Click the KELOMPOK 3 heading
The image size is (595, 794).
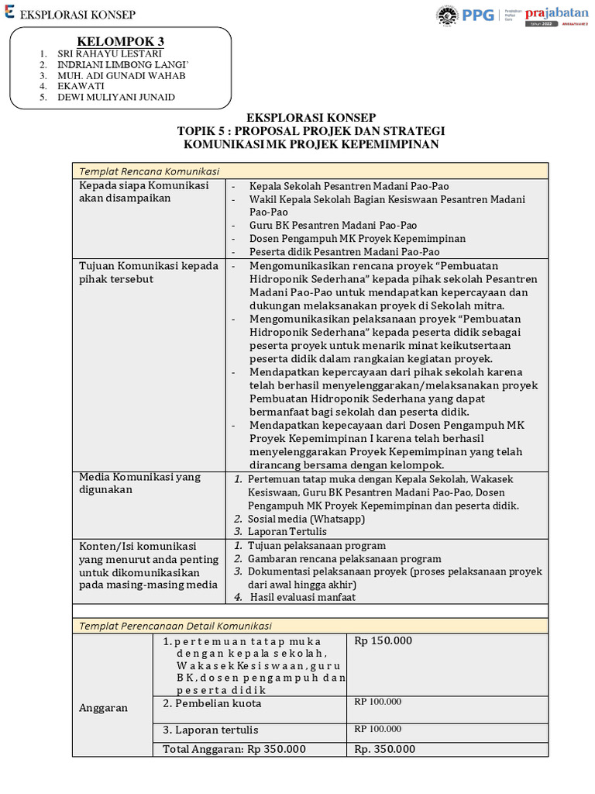click(120, 41)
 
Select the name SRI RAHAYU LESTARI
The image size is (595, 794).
click(110, 54)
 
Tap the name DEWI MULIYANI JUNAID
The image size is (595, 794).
click(116, 97)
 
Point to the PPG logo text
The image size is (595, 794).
click(478, 14)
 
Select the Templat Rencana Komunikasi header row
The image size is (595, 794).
click(310, 171)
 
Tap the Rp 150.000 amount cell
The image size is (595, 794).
click(383, 640)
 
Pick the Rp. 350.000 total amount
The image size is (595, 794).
click(385, 749)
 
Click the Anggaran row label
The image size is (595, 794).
click(103, 708)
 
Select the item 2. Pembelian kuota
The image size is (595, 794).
click(212, 703)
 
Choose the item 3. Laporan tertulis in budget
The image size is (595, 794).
click(210, 730)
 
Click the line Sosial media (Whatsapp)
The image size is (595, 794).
click(306, 518)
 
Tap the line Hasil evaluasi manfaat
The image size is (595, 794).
click(303, 597)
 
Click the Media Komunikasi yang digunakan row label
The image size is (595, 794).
click(139, 483)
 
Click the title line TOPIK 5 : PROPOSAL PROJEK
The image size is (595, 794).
click(311, 130)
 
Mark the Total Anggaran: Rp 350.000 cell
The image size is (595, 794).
click(234, 749)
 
